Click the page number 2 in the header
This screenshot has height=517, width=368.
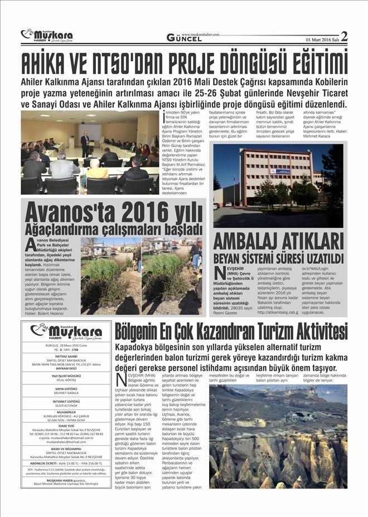[344, 36]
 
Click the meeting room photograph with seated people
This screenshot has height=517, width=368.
[90, 152]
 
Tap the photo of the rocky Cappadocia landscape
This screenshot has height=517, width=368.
[278, 436]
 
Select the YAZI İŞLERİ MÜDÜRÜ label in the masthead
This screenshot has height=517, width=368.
[65, 376]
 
